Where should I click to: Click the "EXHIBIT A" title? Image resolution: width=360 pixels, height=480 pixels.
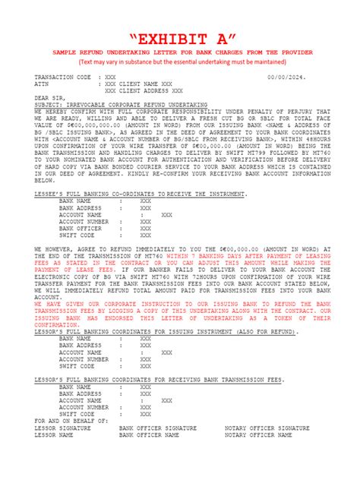pos(179,38)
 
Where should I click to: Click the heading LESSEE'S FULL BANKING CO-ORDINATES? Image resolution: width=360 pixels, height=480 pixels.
pos(141,194)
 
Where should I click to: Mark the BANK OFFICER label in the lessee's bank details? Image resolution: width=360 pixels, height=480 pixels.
pos(80,228)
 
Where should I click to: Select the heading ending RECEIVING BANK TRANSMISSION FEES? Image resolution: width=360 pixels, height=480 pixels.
pos(159,378)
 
